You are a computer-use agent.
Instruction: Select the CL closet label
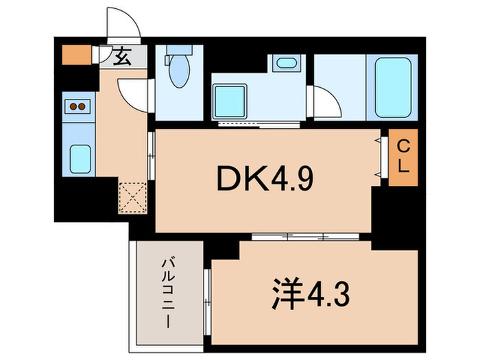click(x=403, y=156)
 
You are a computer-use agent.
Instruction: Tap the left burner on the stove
click(x=71, y=106)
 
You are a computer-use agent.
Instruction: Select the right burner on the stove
click(x=83, y=106)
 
